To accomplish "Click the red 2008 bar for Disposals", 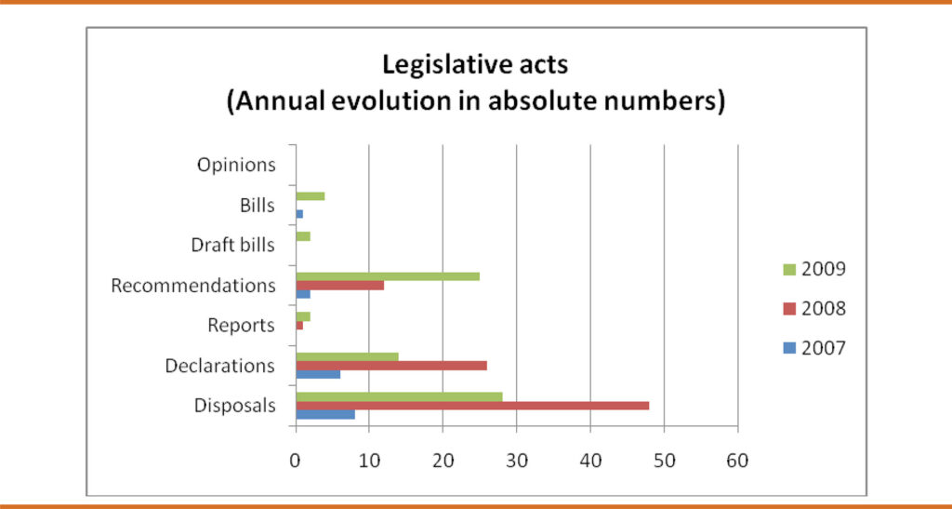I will [472, 406].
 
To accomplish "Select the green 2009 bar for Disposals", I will [399, 396].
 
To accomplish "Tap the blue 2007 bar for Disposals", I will [325, 414].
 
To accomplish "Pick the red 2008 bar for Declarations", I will [391, 365].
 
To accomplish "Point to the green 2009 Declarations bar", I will [347, 356].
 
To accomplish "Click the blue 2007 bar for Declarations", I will [318, 374].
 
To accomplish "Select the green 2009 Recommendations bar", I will [388, 276].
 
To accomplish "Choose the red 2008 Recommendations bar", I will [339, 285].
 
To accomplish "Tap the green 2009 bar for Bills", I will [310, 196].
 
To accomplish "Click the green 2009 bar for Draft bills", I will [303, 236].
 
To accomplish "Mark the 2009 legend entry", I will [810, 270].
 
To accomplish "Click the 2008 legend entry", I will [810, 309].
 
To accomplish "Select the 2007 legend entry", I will [810, 348].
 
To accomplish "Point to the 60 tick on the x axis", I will [737, 460].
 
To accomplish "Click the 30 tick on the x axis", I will [516, 460].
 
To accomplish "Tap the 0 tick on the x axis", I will [296, 460].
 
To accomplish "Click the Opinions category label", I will [236, 165].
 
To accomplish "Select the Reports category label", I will [241, 326].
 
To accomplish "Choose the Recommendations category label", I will [193, 286].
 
